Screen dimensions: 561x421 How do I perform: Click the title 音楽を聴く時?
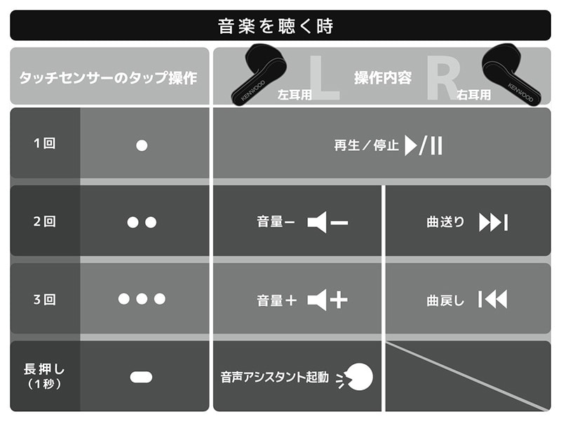click(x=276, y=26)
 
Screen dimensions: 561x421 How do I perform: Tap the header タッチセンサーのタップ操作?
click(x=108, y=78)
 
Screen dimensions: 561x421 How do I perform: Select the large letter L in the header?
click(x=324, y=77)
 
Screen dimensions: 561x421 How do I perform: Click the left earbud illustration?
click(x=258, y=74)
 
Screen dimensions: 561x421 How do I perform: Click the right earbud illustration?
click(x=511, y=74)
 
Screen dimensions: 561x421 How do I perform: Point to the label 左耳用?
click(x=295, y=95)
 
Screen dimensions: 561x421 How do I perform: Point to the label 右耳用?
click(x=473, y=95)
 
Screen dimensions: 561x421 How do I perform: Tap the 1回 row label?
click(x=44, y=144)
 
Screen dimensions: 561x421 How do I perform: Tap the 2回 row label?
click(x=44, y=222)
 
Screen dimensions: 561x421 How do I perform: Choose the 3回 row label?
click(x=44, y=300)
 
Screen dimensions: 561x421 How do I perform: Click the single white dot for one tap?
click(x=142, y=145)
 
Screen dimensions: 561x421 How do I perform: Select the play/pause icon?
click(x=424, y=145)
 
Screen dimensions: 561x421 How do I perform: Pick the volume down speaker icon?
click(x=327, y=222)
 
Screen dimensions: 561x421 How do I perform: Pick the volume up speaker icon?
click(x=327, y=300)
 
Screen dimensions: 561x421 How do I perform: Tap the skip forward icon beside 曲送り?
click(x=494, y=222)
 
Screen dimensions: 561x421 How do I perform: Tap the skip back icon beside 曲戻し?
click(x=493, y=300)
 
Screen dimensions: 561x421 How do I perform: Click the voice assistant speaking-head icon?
click(x=355, y=377)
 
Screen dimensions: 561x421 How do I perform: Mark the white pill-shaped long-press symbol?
click(x=142, y=377)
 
